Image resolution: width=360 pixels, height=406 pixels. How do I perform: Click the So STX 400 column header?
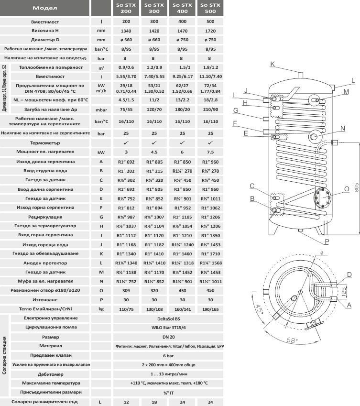click(x=183, y=8)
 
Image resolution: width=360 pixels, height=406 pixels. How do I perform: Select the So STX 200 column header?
click(x=126, y=8)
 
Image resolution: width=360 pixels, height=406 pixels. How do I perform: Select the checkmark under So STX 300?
click(x=154, y=143)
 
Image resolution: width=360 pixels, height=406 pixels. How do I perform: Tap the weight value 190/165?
click(x=210, y=309)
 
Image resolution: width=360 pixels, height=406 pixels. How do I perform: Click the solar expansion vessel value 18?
click(x=154, y=402)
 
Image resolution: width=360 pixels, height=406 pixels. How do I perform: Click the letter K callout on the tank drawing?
click(x=273, y=64)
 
